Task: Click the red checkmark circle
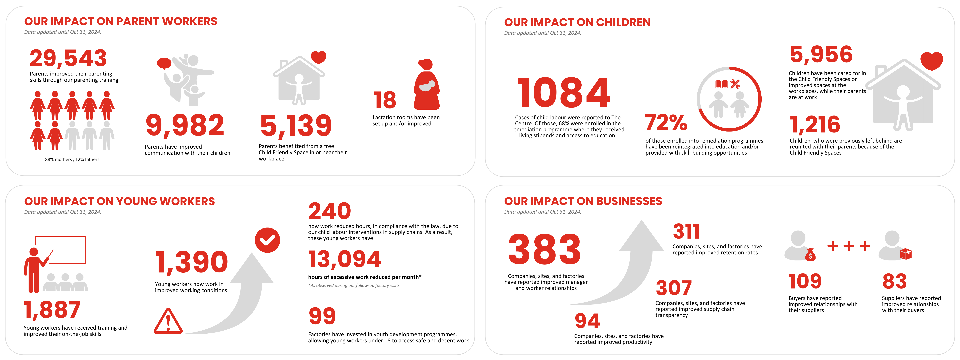pos(267,240)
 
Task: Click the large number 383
pos(544,249)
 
